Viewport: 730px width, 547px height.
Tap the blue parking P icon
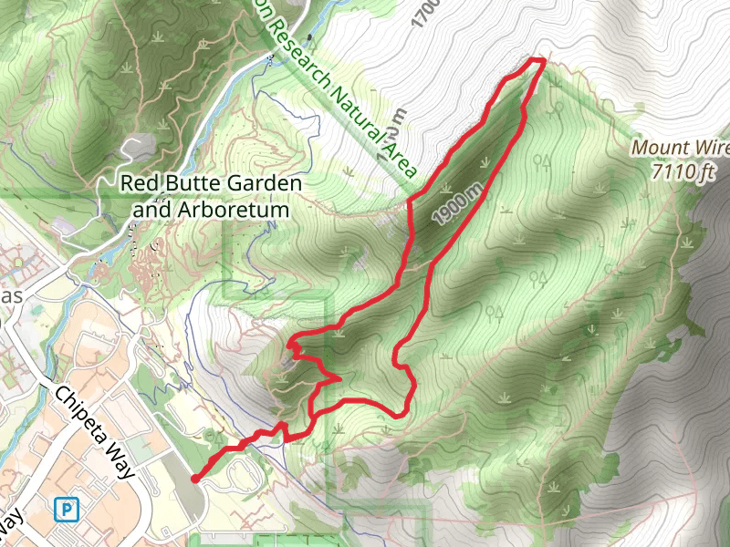pos(65,509)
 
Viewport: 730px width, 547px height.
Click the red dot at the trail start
pos(195,478)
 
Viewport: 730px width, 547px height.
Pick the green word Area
pos(401,158)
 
